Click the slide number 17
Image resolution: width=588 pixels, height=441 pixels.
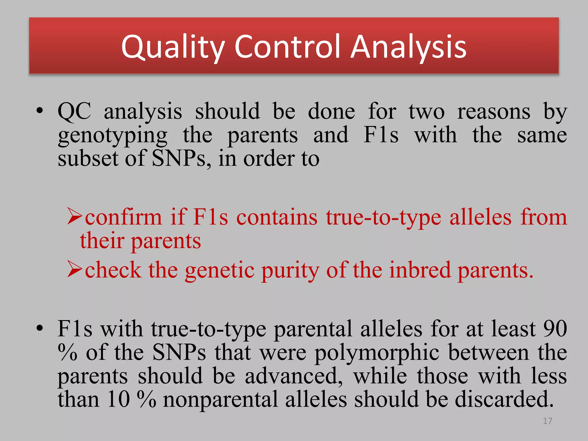pyautogui.click(x=548, y=421)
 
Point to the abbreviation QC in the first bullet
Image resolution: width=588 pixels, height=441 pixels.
pyautogui.click(x=74, y=111)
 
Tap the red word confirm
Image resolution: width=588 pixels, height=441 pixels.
pyautogui.click(x=123, y=217)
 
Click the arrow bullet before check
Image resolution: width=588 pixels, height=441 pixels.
pyautogui.click(x=75, y=269)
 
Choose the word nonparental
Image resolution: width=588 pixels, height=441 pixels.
pyautogui.click(x=220, y=400)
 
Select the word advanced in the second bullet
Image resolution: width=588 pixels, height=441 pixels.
pyautogui.click(x=294, y=376)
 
